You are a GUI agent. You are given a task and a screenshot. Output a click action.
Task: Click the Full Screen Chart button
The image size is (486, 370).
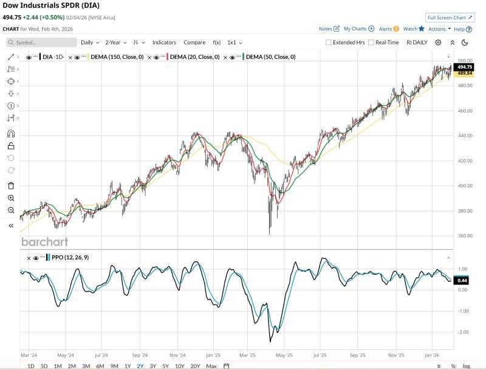coord(450,18)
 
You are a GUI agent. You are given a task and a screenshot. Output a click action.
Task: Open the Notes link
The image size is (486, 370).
coord(329,29)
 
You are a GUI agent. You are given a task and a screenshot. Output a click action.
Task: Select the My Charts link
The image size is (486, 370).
coord(358,29)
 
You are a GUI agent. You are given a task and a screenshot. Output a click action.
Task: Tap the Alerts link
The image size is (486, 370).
coord(388,29)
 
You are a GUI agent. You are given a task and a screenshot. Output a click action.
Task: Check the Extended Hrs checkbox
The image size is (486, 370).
coord(329,43)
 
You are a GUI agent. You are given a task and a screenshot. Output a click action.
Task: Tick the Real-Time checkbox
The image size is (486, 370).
coord(371,43)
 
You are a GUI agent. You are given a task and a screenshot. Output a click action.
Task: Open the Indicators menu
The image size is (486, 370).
coord(164,43)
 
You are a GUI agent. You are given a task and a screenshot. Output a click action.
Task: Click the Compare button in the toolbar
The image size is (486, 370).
coord(194,43)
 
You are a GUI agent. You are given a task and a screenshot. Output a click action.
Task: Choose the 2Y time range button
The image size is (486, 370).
coord(140,366)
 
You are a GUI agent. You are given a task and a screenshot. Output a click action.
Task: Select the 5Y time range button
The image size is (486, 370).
coord(166,366)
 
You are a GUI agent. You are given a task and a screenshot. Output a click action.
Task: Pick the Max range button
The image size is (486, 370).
coord(211,366)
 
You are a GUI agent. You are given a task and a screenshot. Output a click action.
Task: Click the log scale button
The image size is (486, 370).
coord(466,366)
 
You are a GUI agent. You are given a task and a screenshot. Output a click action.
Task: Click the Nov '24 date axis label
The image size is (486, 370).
coord(177,354)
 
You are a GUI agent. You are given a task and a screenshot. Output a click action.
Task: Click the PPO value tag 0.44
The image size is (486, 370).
coord(462,280)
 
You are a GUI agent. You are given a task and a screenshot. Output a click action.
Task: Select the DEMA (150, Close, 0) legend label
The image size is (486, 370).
coord(116,57)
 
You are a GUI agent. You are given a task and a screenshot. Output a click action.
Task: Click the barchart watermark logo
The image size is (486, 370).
coord(44,242)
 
